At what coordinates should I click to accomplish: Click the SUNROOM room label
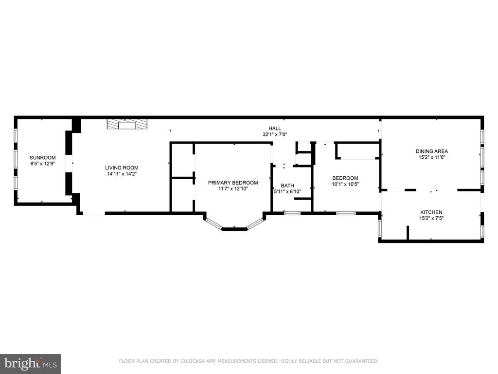click(43, 158)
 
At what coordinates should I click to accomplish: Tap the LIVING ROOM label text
click(122, 168)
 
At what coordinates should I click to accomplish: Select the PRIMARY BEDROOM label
click(233, 183)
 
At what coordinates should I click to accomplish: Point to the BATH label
click(287, 186)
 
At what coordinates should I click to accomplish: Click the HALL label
click(275, 129)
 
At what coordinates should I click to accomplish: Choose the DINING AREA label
click(432, 151)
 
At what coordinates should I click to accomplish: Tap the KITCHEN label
click(431, 212)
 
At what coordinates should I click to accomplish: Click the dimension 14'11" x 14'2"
click(122, 174)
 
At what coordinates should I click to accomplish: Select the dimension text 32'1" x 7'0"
click(275, 134)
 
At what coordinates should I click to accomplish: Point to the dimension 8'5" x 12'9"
click(43, 164)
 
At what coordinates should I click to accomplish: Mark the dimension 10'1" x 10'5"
click(345, 184)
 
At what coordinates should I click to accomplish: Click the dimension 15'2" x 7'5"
click(431, 219)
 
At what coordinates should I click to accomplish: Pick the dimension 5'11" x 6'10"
click(287, 192)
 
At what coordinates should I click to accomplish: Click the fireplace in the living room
click(127, 124)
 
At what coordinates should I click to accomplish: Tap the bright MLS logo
click(31, 364)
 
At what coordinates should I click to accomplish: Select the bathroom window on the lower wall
click(292, 213)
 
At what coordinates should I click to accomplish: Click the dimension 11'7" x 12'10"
click(233, 189)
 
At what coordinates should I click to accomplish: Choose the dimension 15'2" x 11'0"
click(432, 157)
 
